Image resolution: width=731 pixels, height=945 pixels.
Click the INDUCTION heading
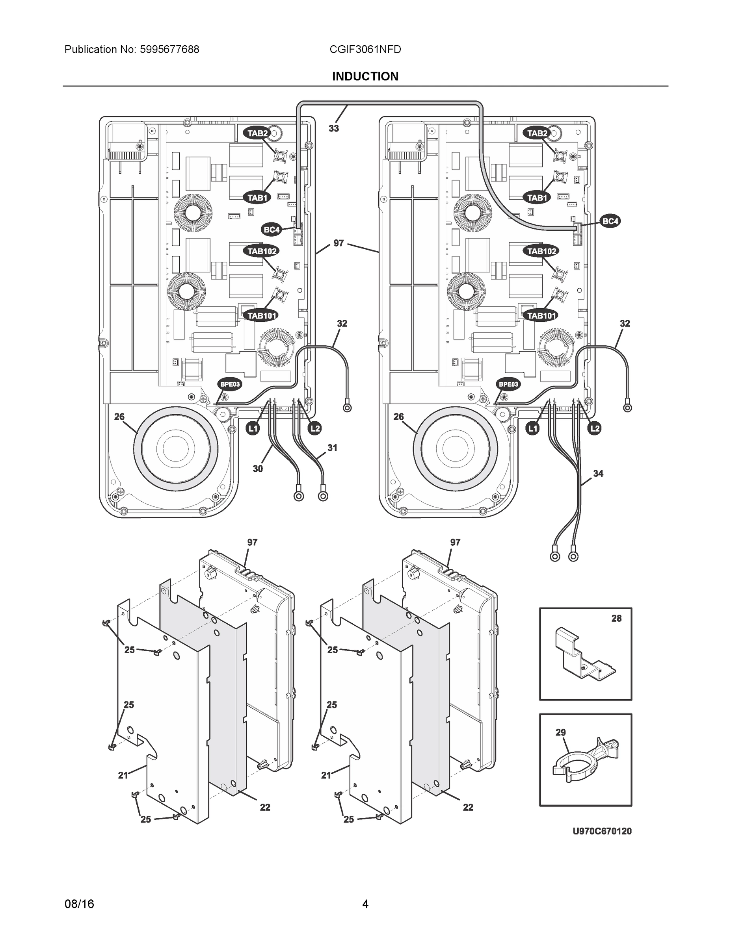365,77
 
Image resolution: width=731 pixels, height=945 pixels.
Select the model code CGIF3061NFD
365,49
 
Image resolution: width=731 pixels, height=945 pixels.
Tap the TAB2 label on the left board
258,133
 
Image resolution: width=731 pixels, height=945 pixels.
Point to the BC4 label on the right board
610,222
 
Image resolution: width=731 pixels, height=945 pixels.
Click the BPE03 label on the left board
229,384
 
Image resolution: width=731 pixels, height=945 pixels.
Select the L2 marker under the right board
595,428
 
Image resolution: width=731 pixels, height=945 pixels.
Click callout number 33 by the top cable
333,128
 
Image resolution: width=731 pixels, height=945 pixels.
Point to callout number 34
598,473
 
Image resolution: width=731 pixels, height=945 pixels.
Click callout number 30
258,469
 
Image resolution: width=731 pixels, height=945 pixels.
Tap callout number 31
332,448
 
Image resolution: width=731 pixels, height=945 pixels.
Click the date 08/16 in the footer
79,904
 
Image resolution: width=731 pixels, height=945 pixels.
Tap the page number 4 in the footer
365,904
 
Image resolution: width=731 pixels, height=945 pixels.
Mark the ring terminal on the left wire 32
347,407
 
